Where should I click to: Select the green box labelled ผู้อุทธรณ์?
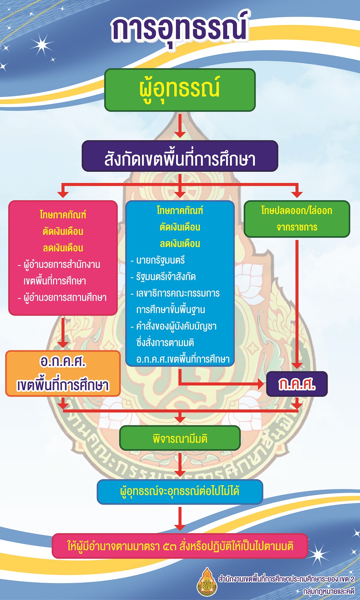click(x=180, y=90)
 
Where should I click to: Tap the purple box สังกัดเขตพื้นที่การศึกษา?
click(x=180, y=156)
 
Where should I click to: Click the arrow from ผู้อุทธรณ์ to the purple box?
click(x=180, y=126)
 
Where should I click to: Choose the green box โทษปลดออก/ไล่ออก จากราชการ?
click(x=297, y=219)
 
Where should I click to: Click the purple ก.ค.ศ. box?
click(x=297, y=384)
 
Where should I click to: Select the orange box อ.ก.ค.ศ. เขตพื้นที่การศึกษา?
click(x=63, y=373)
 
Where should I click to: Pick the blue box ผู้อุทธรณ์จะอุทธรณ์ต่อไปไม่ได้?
click(x=180, y=492)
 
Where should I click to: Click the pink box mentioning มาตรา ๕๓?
click(x=180, y=546)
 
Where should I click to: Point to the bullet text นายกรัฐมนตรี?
click(x=160, y=260)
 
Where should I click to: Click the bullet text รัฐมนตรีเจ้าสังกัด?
click(x=166, y=277)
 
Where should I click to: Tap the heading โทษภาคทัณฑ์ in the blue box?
click(x=180, y=211)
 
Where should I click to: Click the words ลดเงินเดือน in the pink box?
click(x=63, y=248)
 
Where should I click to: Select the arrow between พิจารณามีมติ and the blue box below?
click(x=180, y=465)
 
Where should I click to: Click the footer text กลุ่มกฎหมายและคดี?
click(x=329, y=590)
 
